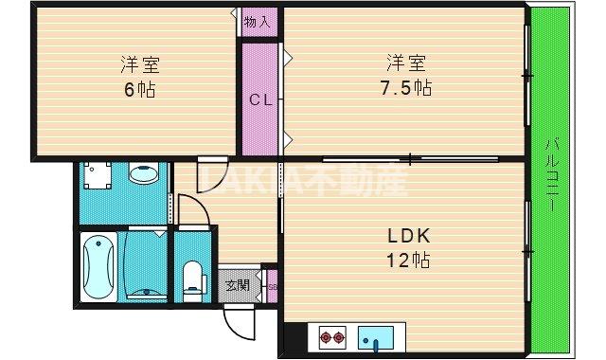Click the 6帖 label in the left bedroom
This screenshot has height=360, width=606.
tap(138, 91)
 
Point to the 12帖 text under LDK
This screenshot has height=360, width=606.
tap(407, 260)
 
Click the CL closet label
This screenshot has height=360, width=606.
tap(260, 99)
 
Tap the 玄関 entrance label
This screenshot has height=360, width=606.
tap(237, 285)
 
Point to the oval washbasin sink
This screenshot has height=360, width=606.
tap(144, 175)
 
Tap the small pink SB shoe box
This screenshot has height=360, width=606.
tap(272, 286)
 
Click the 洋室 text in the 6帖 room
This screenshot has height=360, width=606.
tap(138, 65)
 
